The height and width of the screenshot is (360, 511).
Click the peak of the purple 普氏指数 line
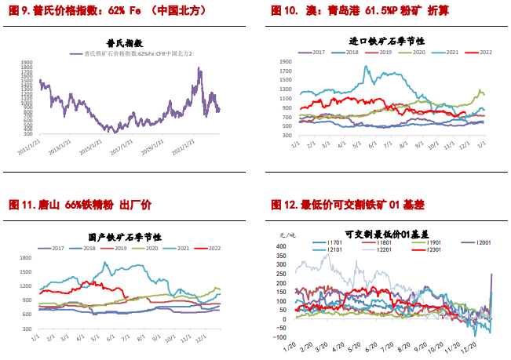(199, 69)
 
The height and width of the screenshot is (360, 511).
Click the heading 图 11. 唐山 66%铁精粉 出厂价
(79, 205)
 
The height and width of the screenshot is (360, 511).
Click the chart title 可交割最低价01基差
(390, 234)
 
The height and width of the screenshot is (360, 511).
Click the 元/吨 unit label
(288, 235)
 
